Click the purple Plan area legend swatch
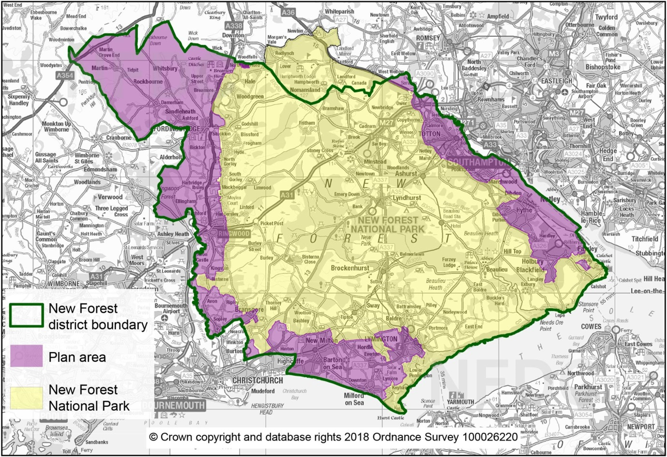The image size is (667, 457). [x=27, y=357]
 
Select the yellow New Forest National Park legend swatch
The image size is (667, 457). [x=27, y=397]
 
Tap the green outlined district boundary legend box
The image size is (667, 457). [x=27, y=316]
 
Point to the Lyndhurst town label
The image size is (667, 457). [x=407, y=198]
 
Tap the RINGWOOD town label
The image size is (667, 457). [x=234, y=234]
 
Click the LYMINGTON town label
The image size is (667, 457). [x=382, y=339]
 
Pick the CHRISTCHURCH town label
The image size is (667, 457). [x=258, y=381]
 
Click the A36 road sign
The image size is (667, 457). [x=288, y=12]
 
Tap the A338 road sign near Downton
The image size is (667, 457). [x=234, y=26]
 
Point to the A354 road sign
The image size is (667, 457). [x=64, y=76]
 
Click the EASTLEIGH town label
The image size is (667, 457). [x=557, y=81]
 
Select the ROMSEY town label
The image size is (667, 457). [x=428, y=38]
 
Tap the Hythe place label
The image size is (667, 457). [x=524, y=210]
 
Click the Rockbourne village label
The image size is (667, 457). [x=148, y=82]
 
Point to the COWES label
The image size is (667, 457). [x=591, y=326]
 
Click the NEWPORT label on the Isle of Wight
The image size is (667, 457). [x=640, y=427]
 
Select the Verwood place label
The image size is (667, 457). [x=110, y=198]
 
